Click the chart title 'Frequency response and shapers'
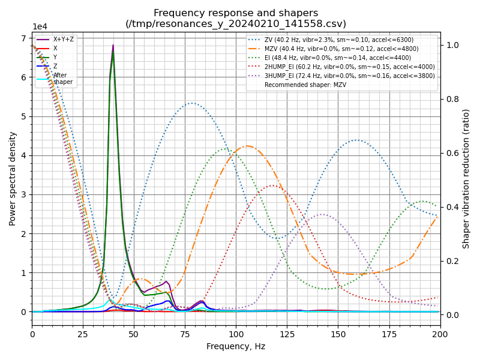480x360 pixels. [236, 13]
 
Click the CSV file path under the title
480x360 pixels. [236, 24]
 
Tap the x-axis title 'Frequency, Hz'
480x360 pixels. [236, 346]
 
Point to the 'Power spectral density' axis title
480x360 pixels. [13, 178]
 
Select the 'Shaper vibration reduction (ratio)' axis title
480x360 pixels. [466, 178]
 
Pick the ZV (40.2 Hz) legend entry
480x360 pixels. [339, 40]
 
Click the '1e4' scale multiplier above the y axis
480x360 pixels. [40, 27]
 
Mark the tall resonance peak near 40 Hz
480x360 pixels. [113, 46]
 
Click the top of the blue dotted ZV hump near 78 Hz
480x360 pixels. [191, 103]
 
